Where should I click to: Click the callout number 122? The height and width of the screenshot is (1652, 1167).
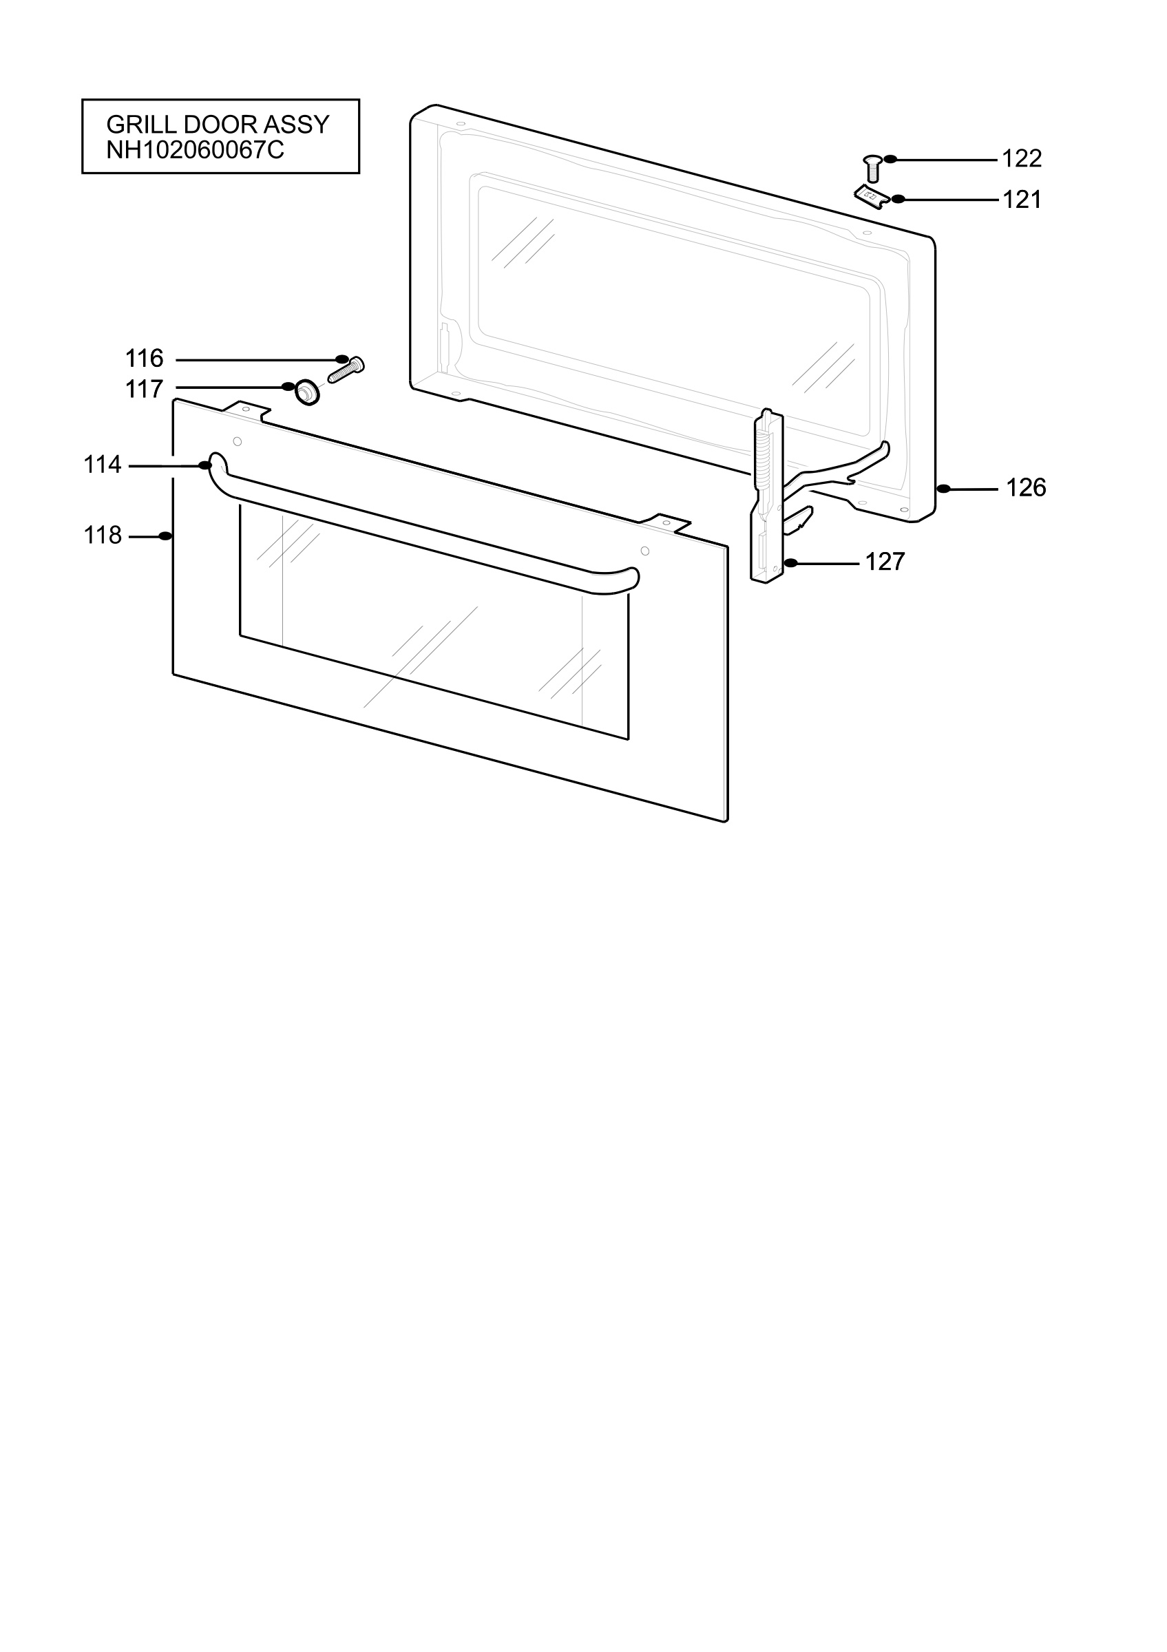(1022, 158)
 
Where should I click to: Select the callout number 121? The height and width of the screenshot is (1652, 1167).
(1022, 200)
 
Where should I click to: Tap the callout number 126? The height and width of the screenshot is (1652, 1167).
(1026, 488)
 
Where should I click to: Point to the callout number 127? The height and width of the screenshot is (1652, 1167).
(885, 561)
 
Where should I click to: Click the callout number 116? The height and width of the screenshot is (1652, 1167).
(145, 358)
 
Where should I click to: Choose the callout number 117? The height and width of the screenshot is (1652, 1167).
(145, 390)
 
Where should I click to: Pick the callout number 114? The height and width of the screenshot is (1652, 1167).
(103, 465)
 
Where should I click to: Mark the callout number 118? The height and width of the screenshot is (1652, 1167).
(103, 536)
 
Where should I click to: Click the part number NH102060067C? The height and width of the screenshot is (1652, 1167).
(195, 149)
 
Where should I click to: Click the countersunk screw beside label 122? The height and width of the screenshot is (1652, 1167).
(873, 169)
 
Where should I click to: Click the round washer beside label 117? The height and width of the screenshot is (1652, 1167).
(307, 393)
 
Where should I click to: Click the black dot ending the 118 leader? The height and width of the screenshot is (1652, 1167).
(165, 536)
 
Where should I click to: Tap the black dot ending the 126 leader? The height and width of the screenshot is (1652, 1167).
(944, 489)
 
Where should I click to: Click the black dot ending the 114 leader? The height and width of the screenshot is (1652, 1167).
(205, 465)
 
